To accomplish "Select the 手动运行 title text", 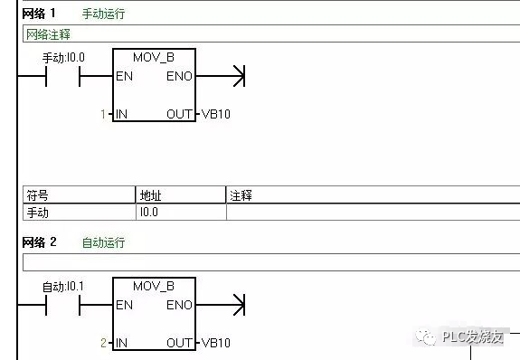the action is (103, 14).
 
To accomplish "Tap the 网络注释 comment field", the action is (270, 34).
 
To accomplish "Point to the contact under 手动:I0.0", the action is (62, 77).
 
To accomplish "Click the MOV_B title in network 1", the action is (153, 58).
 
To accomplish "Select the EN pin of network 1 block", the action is (125, 77).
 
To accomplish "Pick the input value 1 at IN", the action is (104, 115).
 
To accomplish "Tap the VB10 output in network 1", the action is (215, 115).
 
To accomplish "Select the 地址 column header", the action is (149, 195).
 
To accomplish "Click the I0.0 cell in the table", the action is (149, 213).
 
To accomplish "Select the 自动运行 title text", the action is (103, 242).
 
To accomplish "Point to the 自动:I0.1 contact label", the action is (62, 287).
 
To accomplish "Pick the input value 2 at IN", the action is (104, 343).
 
